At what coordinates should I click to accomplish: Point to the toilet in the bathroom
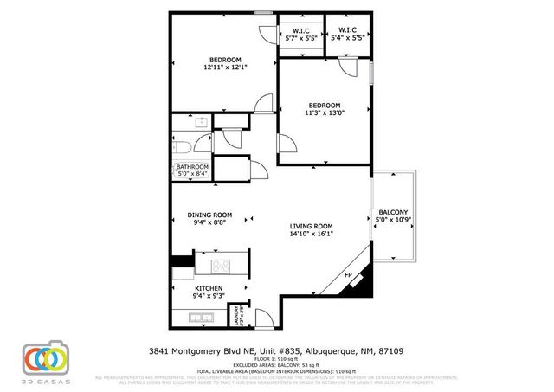coord(201,144)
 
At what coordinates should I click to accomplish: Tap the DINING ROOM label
coord(210,215)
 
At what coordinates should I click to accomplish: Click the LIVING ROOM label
coord(312,226)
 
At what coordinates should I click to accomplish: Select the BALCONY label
coord(393,212)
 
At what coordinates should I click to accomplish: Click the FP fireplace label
coord(348,276)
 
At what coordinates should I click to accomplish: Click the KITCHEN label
coord(209,288)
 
